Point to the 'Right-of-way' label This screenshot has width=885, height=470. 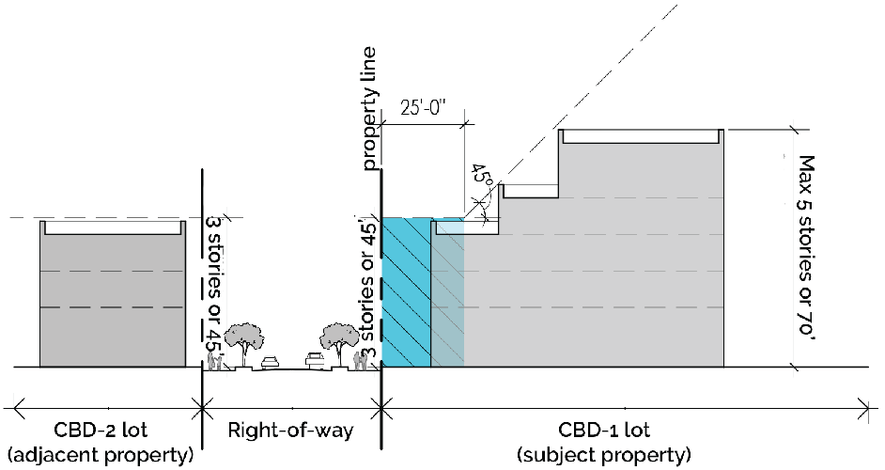[x=291, y=431]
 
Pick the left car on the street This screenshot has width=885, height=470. [x=272, y=360]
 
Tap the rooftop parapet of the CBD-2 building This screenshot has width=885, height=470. [x=111, y=227]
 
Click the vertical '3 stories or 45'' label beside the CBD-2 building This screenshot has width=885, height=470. [x=210, y=282]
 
